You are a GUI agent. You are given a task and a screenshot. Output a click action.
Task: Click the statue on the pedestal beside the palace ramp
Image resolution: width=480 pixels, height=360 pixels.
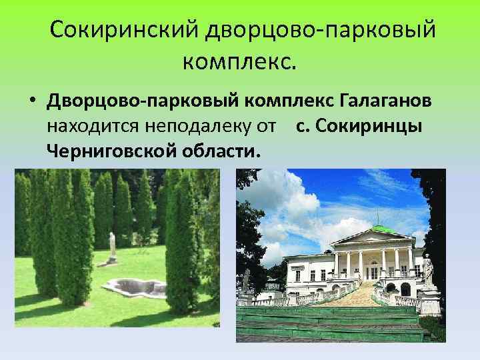428,271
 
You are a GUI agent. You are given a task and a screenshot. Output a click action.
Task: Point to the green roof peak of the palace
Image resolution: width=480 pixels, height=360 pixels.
377,229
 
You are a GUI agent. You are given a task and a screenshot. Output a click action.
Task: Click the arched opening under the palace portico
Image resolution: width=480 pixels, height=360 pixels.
405,289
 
